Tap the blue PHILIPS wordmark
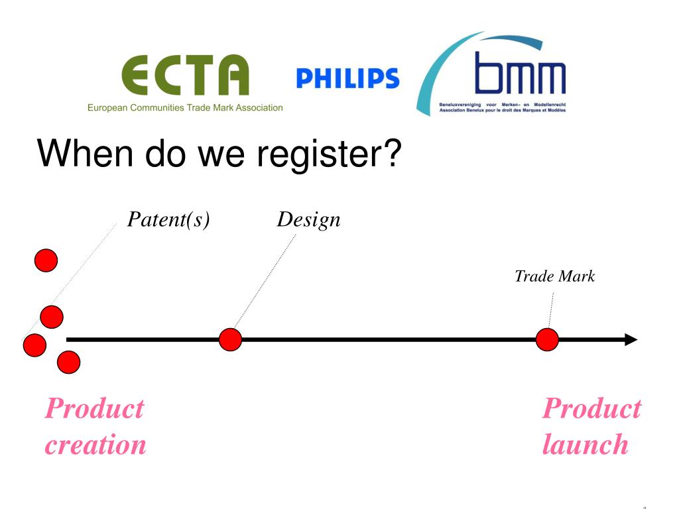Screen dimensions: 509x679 [347, 78]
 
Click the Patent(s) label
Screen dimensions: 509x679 [168, 219]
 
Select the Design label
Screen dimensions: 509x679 [308, 219]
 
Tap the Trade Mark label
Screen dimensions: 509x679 [554, 276]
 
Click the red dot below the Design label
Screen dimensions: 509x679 [230, 339]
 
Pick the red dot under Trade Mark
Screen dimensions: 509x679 [547, 339]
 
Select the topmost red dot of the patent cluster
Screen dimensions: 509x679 [46, 260]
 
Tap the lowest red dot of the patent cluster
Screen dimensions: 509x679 [68, 362]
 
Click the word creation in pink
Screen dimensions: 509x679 [95, 444]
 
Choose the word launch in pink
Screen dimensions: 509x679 [585, 444]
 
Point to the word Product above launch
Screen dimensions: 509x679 [591, 408]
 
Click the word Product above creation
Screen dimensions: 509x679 [94, 408]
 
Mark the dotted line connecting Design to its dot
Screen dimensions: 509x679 [265, 282]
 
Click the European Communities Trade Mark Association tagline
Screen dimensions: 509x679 [185, 107]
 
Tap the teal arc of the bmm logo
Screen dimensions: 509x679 [438, 73]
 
